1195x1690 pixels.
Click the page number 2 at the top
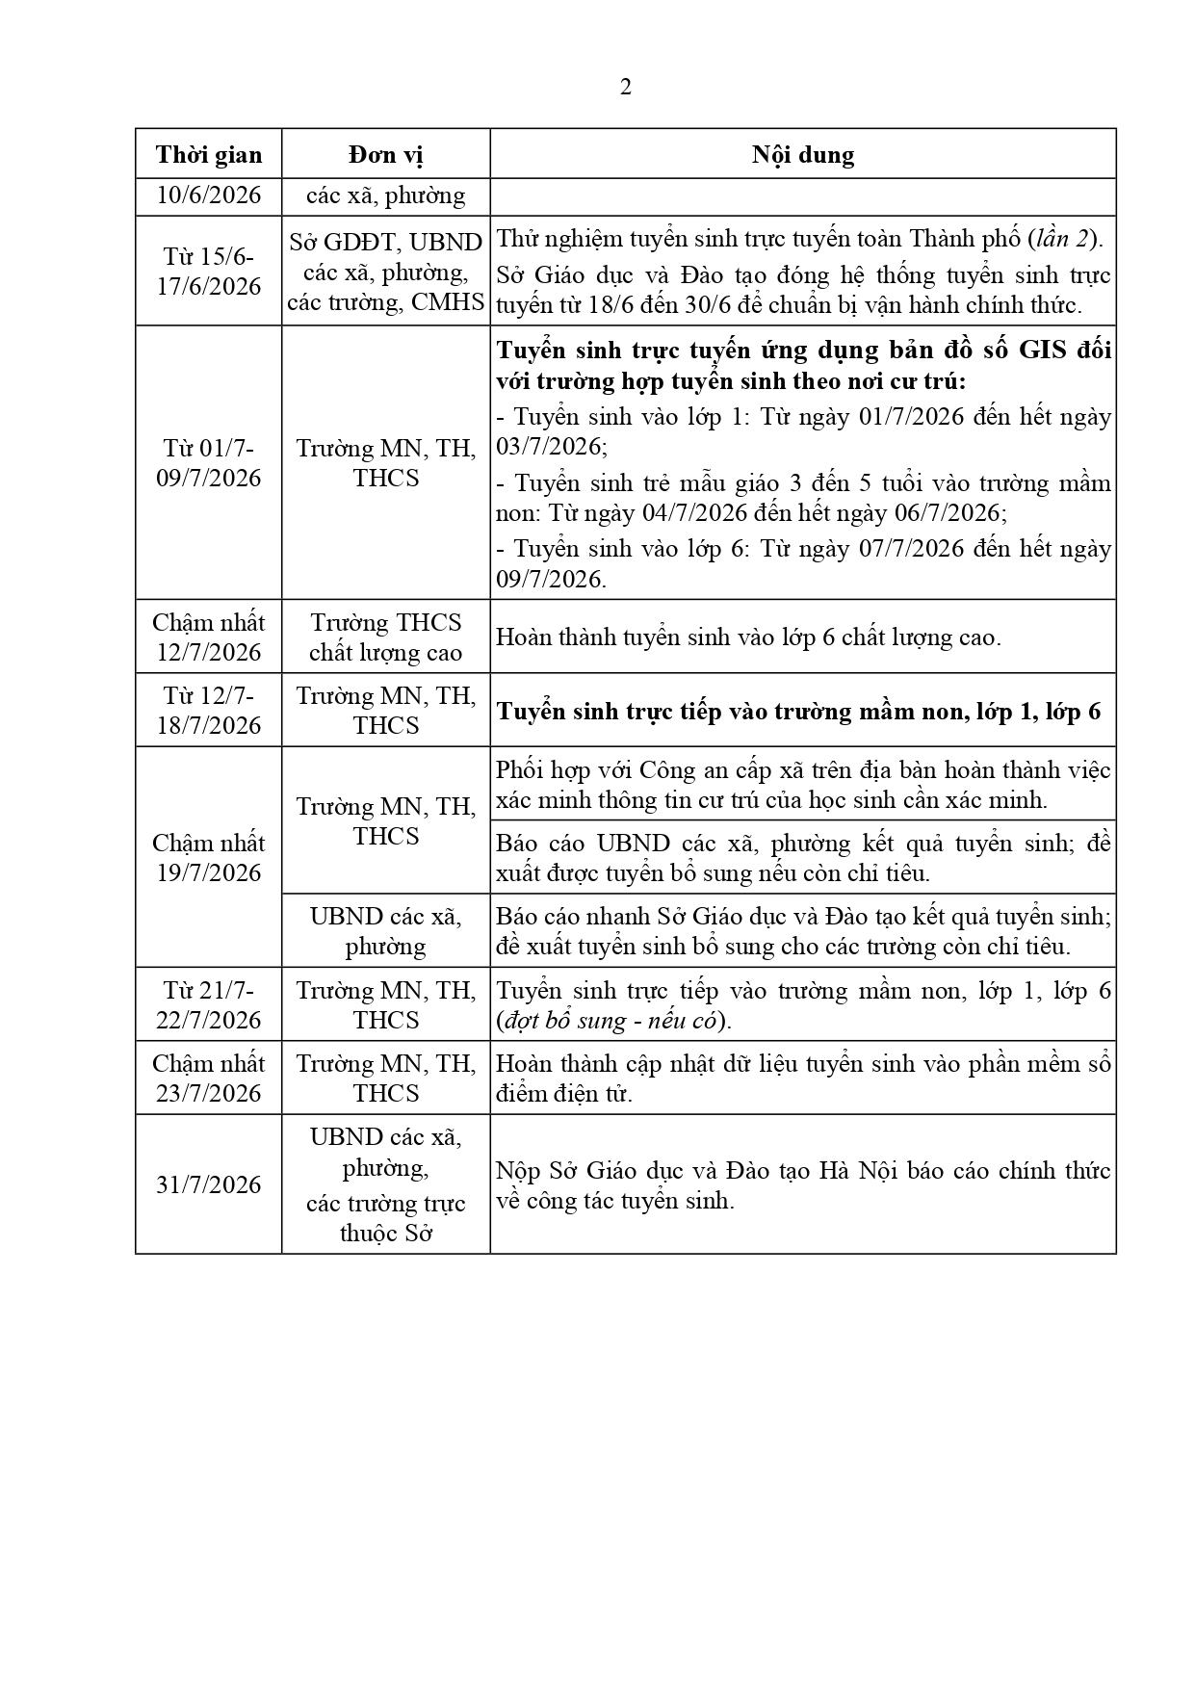[626, 88]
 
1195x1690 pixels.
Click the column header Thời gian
[209, 155]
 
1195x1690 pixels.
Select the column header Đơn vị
[385, 155]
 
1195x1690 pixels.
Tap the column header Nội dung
[802, 155]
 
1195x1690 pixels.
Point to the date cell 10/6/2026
[209, 195]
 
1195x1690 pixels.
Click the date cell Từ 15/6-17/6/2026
[209, 272]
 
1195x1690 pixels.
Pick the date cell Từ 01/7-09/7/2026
[209, 463]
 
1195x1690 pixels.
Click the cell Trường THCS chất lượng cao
[385, 637]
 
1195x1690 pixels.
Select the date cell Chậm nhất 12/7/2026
[209, 637]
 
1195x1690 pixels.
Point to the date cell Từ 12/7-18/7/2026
[209, 711]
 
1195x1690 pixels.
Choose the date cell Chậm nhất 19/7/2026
[209, 857]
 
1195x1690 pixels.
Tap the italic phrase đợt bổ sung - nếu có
[612, 1021]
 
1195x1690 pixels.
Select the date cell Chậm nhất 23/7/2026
[209, 1079]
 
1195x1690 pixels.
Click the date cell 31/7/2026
[209, 1184]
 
